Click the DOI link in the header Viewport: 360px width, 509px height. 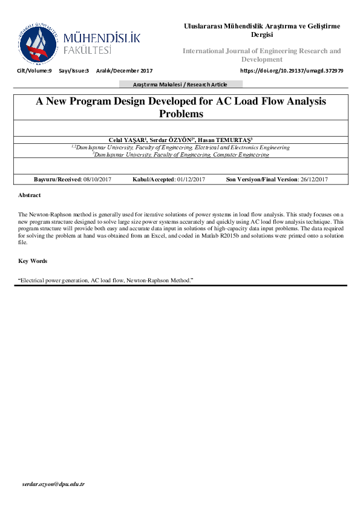[292, 71]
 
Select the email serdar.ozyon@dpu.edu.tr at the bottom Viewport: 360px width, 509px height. [53, 485]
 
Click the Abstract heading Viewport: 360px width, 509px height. [30, 195]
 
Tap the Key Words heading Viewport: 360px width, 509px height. [32, 261]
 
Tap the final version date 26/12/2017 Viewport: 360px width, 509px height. [311, 179]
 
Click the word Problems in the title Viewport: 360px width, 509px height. [181, 114]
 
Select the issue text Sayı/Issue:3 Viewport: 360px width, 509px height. [74, 71]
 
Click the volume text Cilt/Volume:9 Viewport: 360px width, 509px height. [35, 71]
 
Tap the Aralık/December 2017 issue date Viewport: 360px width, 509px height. [124, 71]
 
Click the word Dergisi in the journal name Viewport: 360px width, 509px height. [262, 34]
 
